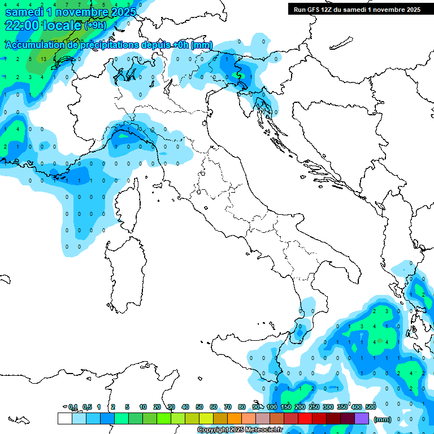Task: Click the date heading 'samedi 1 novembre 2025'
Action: [x=70, y=12]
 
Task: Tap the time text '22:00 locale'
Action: [x=43, y=25]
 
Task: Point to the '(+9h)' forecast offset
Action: [x=95, y=25]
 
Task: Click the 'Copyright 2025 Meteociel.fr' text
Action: [x=240, y=430]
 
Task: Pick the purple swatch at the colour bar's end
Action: [x=362, y=418]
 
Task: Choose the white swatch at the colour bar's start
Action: [x=64, y=418]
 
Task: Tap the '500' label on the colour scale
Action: [x=371, y=407]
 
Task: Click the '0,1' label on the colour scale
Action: [x=73, y=407]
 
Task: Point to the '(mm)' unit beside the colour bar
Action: [x=383, y=419]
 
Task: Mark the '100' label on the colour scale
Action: [x=272, y=407]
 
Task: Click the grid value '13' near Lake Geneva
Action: [x=44, y=59]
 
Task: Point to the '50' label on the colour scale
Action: [x=199, y=407]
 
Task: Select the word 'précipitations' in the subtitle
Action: [x=118, y=45]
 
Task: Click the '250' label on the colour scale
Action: [x=314, y=407]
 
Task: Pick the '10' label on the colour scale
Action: [x=143, y=407]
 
